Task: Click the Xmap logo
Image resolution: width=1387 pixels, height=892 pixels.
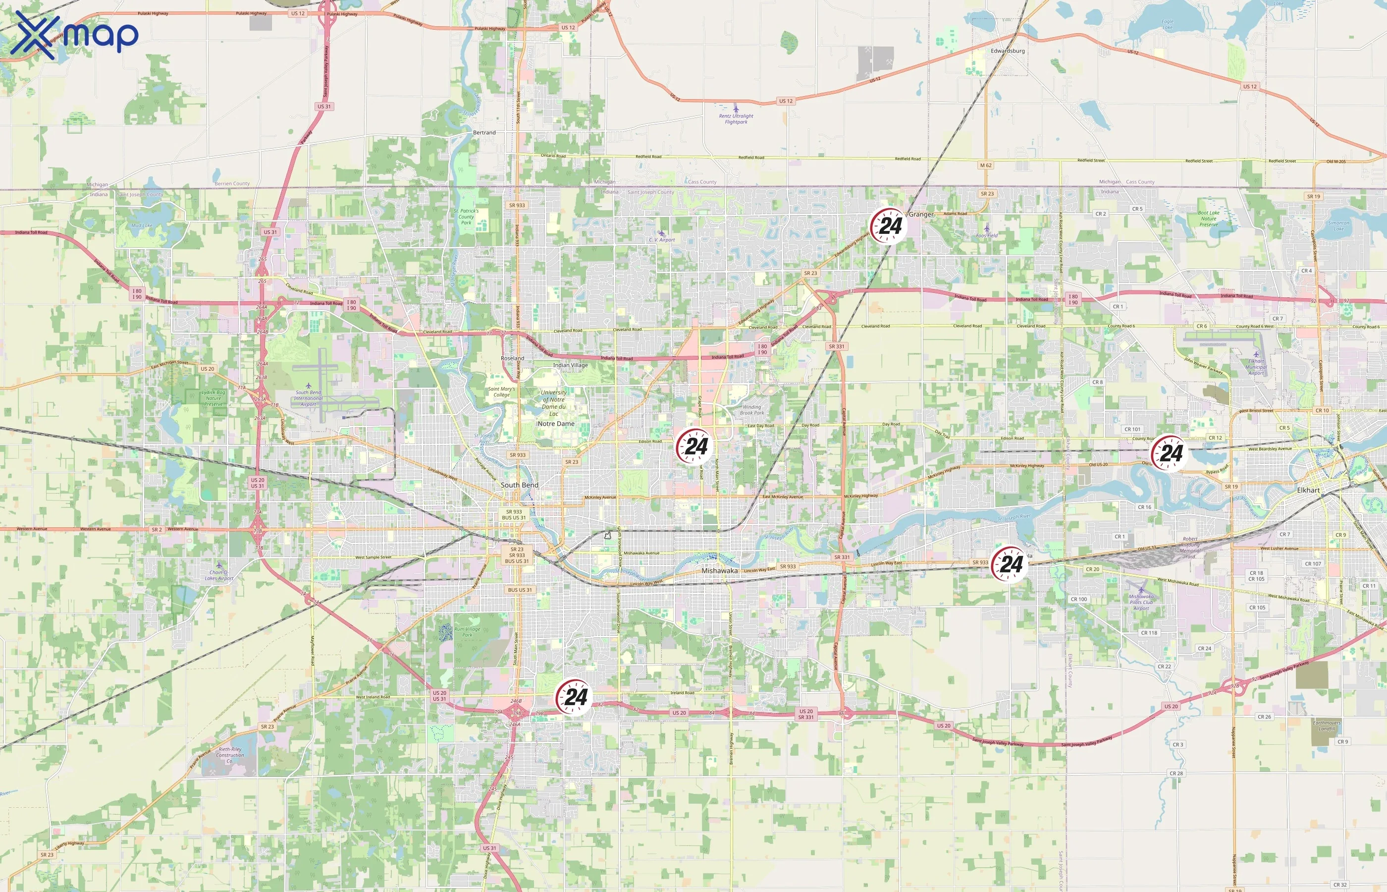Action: click(x=74, y=35)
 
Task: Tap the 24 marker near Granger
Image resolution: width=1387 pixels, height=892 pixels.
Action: click(x=888, y=226)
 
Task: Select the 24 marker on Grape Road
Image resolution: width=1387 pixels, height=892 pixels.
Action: click(x=693, y=446)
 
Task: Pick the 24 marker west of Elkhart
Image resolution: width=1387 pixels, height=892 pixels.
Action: click(x=1169, y=453)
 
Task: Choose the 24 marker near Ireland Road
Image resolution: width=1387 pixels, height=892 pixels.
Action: click(x=574, y=697)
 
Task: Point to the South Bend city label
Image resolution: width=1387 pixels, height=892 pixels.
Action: click(x=519, y=485)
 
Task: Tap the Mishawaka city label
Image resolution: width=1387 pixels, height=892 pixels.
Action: click(x=720, y=570)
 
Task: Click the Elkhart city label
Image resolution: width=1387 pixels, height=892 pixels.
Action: click(x=1308, y=490)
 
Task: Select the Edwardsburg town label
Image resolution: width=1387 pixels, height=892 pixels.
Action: click(x=1007, y=51)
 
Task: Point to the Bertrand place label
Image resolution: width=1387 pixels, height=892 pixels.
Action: click(x=484, y=133)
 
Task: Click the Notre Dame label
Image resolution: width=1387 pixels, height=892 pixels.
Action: click(x=556, y=423)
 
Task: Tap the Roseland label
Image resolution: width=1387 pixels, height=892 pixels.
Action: click(x=512, y=358)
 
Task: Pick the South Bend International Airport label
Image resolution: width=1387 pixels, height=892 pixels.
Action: click(x=308, y=398)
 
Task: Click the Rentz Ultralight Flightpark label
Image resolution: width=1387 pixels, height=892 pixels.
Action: click(x=736, y=119)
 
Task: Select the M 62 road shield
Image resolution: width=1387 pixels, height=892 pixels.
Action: click(x=985, y=166)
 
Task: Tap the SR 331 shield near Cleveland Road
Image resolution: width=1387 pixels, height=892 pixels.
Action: click(x=836, y=346)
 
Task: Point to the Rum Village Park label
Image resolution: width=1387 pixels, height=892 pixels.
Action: click(x=467, y=632)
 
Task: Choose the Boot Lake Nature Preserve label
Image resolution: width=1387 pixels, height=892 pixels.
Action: click(x=1209, y=219)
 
